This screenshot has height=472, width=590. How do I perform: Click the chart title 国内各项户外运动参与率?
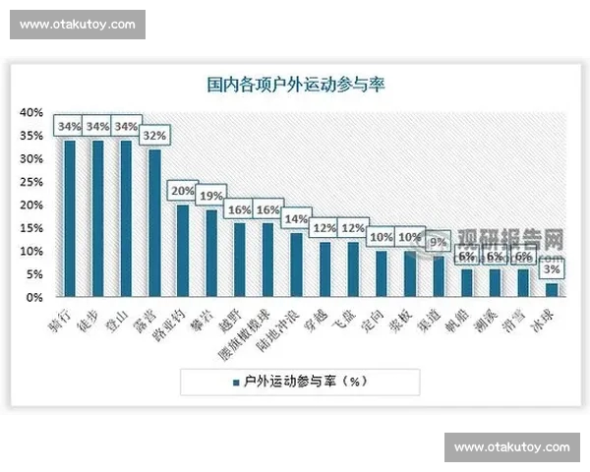295,85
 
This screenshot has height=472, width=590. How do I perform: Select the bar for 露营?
154,223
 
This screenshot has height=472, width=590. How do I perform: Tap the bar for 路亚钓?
183,251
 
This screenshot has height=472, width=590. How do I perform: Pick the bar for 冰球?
553,290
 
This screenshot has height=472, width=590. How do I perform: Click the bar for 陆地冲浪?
296,265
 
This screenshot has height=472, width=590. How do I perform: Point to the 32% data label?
154,136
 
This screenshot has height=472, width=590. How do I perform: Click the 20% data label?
183,191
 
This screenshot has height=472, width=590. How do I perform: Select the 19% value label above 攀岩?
210,196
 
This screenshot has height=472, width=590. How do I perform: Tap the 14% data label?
296,219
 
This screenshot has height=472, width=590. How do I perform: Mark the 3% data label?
553,269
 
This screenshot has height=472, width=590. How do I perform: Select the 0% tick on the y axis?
34,297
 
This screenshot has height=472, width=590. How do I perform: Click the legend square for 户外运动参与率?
237,382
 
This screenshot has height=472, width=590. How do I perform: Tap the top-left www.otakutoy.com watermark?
78,25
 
